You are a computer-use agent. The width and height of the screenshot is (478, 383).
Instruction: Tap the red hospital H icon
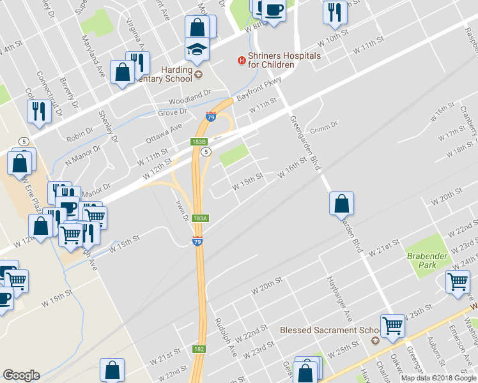241,60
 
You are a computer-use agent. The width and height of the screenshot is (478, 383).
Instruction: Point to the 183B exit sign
199,142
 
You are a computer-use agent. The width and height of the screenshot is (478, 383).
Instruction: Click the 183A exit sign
200,218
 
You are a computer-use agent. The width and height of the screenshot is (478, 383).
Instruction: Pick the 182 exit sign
199,349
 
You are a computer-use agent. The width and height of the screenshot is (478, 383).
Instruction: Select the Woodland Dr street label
189,101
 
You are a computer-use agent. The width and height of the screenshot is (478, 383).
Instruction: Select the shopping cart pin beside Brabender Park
458,281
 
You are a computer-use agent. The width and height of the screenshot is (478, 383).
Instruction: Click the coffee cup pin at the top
274,10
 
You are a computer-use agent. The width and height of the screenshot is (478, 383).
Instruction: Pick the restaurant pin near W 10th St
335,12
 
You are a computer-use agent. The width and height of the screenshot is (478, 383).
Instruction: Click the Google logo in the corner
20,375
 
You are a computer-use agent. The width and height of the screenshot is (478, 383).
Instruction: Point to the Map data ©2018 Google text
438,378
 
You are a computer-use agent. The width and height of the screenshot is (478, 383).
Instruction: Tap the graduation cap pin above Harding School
197,49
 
